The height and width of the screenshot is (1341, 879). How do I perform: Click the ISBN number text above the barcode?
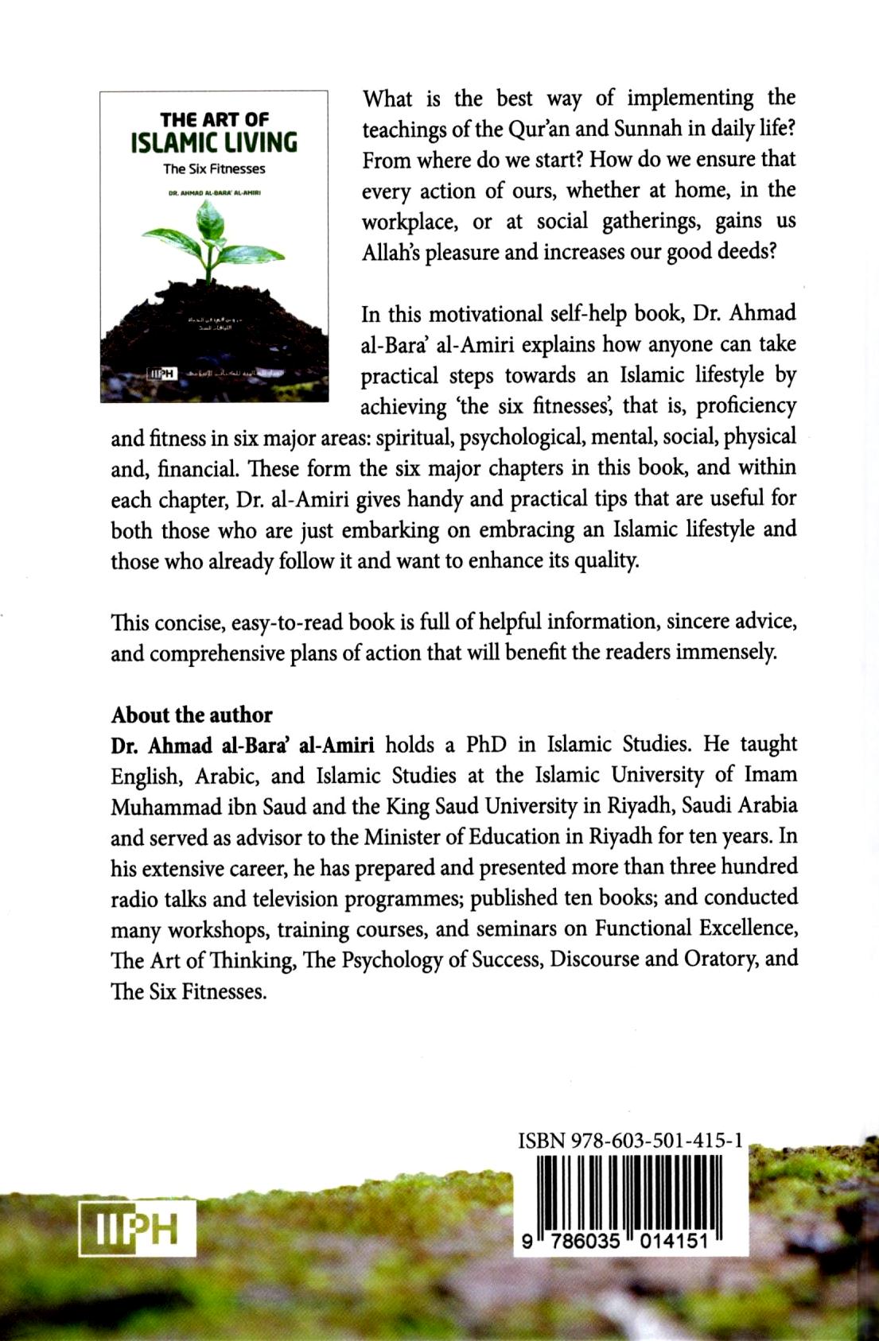(630, 1141)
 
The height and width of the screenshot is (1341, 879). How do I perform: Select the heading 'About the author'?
(192, 715)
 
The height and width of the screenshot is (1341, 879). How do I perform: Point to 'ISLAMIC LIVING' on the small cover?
(214, 143)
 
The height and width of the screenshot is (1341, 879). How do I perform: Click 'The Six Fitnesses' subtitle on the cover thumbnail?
(214, 169)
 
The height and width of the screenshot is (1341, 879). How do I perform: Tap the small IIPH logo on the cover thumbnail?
(161, 373)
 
